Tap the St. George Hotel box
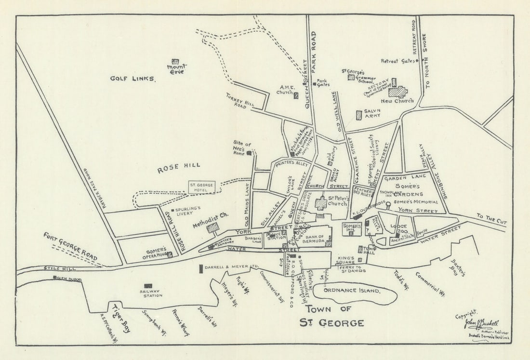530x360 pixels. click(201, 187)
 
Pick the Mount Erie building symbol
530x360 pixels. click(175, 62)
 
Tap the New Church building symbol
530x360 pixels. click(397, 92)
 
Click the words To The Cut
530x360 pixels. click(491, 219)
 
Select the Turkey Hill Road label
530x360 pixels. click(236, 101)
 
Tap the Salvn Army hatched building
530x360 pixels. click(358, 115)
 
